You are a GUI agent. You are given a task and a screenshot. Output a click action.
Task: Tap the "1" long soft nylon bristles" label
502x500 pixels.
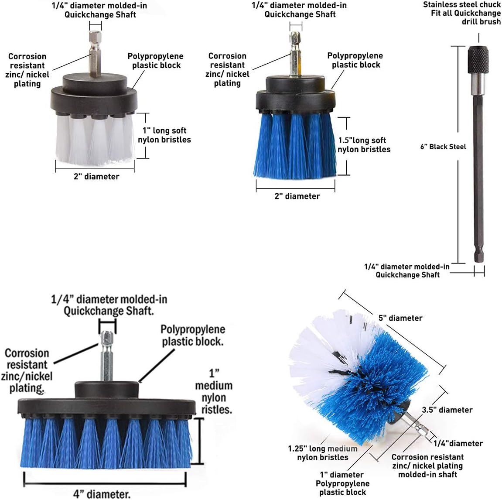click(x=164, y=135)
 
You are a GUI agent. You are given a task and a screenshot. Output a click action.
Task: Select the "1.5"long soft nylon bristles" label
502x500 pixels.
click(x=364, y=145)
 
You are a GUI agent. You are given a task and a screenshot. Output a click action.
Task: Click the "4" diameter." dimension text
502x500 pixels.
click(x=102, y=494)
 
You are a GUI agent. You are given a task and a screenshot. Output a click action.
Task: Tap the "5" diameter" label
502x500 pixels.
click(x=400, y=318)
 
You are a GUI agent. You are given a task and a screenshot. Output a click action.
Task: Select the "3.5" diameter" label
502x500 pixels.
click(x=447, y=410)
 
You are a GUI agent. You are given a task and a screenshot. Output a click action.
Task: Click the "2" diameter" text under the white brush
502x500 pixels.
click(x=96, y=176)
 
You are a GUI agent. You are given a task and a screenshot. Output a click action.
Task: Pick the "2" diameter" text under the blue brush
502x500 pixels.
click(x=297, y=196)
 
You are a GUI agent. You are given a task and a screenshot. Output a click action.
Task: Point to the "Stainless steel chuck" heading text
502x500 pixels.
click(x=461, y=5)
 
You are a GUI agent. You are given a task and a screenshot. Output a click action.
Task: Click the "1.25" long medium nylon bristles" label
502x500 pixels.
click(x=323, y=453)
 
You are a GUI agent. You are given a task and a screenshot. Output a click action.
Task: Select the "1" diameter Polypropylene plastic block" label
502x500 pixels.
click(x=342, y=483)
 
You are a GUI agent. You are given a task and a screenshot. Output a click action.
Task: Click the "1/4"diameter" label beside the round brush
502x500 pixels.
click(x=458, y=443)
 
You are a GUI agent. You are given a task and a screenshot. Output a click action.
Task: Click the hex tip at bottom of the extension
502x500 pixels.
click(x=479, y=256)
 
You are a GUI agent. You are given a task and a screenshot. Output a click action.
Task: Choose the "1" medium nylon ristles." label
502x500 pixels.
click(x=214, y=392)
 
